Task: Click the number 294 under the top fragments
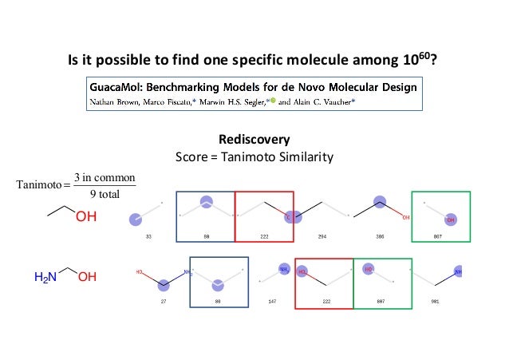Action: pos(322,238)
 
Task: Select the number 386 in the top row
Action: pos(381,238)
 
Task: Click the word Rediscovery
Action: pos(254,140)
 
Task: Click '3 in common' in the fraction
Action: pos(104,177)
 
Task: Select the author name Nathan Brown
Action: pos(118,101)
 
